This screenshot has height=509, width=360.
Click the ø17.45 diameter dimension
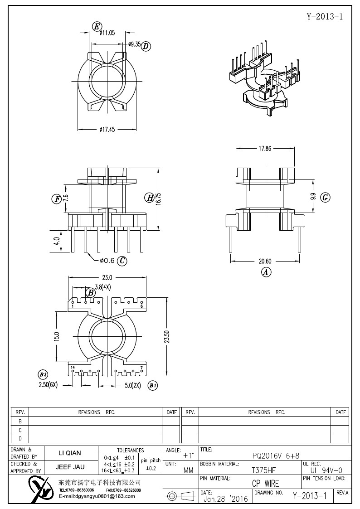(107, 130)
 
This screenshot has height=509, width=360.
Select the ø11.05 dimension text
(107, 33)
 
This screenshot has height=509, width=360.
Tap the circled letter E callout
(97, 27)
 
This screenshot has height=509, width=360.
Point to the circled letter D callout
(146, 46)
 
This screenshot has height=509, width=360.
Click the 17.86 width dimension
(265, 148)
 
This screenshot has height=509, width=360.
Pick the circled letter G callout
(325, 197)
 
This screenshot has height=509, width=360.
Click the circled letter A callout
(266, 272)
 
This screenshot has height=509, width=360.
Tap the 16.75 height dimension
(158, 198)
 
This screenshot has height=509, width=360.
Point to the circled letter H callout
(149, 198)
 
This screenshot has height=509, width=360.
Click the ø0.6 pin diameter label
(107, 260)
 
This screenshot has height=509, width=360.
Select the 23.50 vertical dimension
(167, 337)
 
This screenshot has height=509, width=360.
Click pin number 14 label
(73, 368)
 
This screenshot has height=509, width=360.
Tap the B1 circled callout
(153, 386)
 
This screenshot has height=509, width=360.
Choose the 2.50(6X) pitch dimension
(49, 385)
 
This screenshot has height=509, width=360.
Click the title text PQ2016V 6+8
(276, 456)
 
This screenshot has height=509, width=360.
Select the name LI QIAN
(70, 453)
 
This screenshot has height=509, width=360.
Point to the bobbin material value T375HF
(263, 470)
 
